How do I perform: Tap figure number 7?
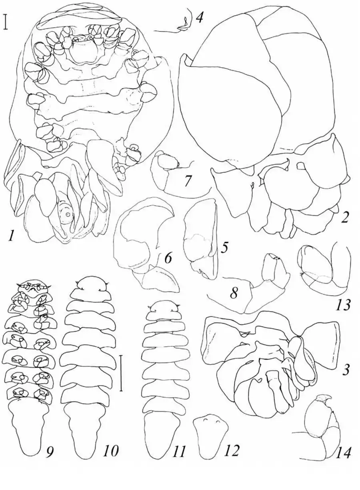pos(188,182)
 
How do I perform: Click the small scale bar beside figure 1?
pos(6,22)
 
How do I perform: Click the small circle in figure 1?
pos(68,214)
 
